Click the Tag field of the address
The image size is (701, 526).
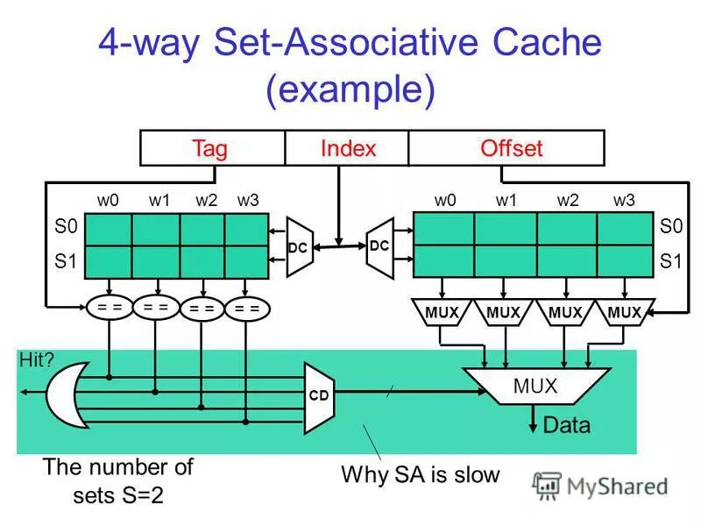pos(210,148)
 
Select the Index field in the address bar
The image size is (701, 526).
pos(348,148)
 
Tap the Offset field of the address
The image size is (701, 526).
pos(511,148)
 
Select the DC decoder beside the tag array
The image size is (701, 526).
pos(299,247)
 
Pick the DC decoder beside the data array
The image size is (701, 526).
pos(379,247)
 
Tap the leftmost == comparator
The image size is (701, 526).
pos(109,308)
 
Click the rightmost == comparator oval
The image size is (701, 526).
pos(248,309)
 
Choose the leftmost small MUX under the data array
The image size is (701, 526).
pos(443,314)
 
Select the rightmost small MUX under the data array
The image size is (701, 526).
pos(624,314)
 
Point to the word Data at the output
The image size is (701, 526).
pos(567,426)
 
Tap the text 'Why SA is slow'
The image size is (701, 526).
pos(420,475)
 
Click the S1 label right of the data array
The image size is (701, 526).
pos(670,261)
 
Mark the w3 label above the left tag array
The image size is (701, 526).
pos(248,200)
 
